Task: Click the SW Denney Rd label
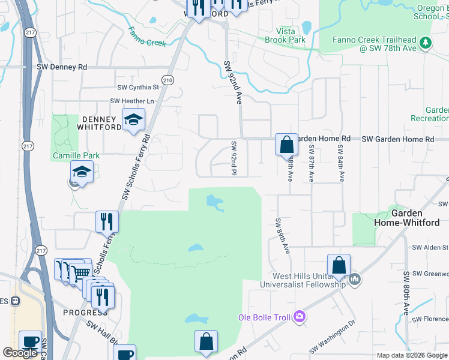tap(62, 67)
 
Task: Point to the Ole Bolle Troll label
tap(264, 317)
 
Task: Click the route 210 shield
tap(167, 80)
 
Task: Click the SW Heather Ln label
tap(132, 101)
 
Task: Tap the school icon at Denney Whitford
tap(133, 119)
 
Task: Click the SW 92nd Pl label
tap(234, 158)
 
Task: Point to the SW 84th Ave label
tap(340, 163)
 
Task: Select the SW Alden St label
tap(430, 247)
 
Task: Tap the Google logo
tap(20, 353)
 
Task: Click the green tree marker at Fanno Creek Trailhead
tap(426, 42)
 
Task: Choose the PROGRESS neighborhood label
tap(85, 313)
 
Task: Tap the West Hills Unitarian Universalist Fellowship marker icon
tap(355, 279)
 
